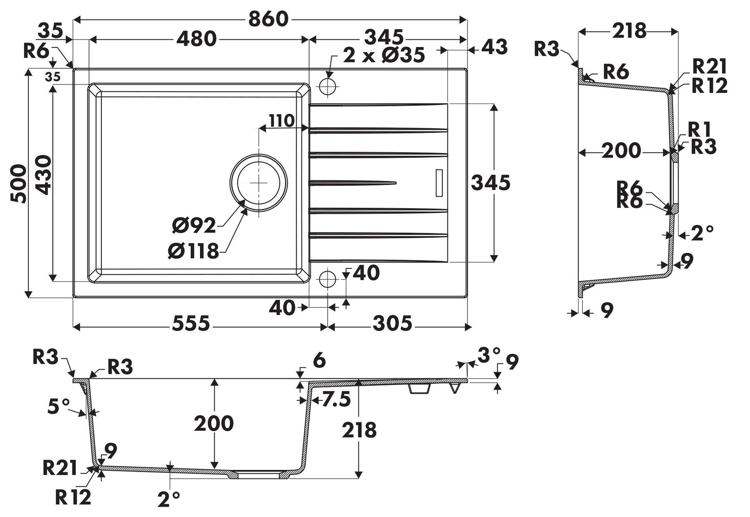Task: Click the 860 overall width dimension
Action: (268, 19)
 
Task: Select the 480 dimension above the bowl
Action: (196, 39)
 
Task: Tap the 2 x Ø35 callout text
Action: (384, 55)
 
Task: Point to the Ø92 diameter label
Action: (194, 225)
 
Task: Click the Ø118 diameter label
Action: (193, 251)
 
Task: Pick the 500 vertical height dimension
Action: (18, 183)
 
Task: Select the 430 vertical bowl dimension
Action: (43, 175)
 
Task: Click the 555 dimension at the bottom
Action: (191, 324)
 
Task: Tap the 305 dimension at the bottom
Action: (392, 324)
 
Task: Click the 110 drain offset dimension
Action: (282, 121)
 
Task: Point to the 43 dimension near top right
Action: (494, 47)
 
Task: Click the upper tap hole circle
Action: (327, 87)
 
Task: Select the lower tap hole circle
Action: (327, 279)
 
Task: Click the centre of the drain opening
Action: (259, 182)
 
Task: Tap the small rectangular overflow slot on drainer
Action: (439, 183)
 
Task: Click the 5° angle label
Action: (58, 407)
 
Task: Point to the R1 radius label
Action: (699, 130)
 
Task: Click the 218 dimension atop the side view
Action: (629, 31)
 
